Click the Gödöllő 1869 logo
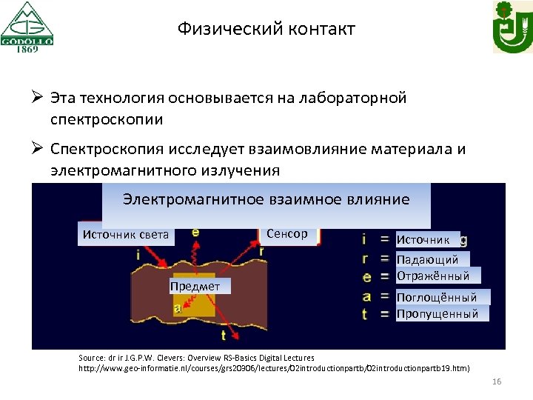[27, 27]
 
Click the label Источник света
[125, 235]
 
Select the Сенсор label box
[286, 233]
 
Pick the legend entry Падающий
[427, 259]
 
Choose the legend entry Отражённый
[432, 276]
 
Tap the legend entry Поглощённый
[442, 297]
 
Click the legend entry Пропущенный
[437, 313]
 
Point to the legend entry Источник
[423, 239]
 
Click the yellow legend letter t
[364, 313]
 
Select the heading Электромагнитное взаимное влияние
[266, 199]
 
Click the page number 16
[496, 381]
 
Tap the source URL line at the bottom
[274, 367]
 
